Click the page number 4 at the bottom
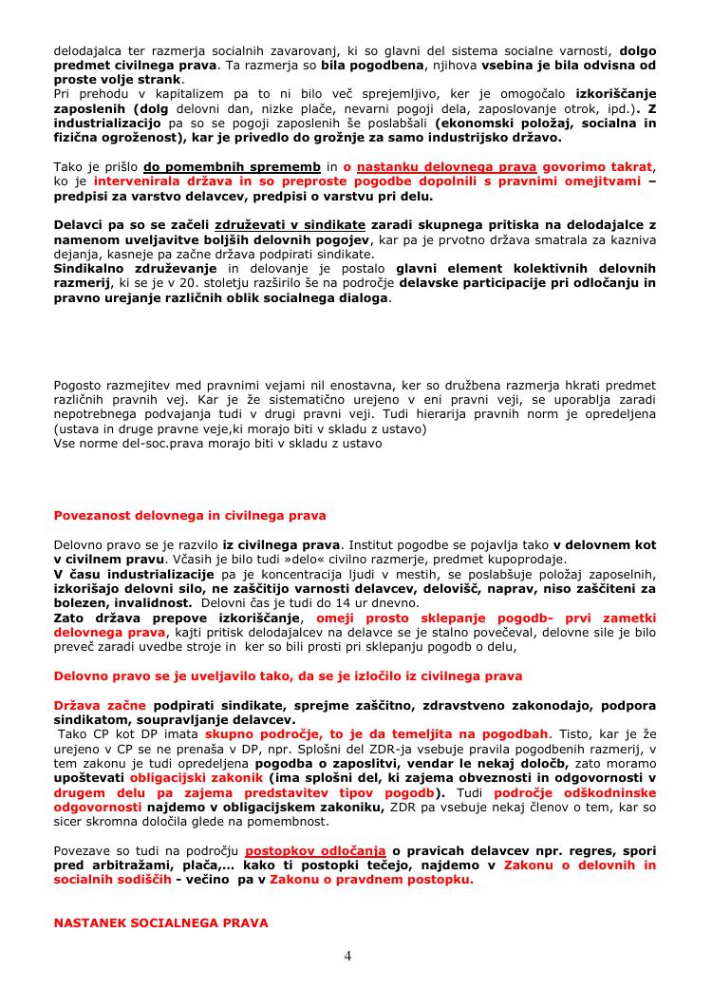[347, 955]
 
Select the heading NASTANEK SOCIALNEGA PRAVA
[160, 922]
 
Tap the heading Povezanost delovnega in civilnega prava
[190, 515]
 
